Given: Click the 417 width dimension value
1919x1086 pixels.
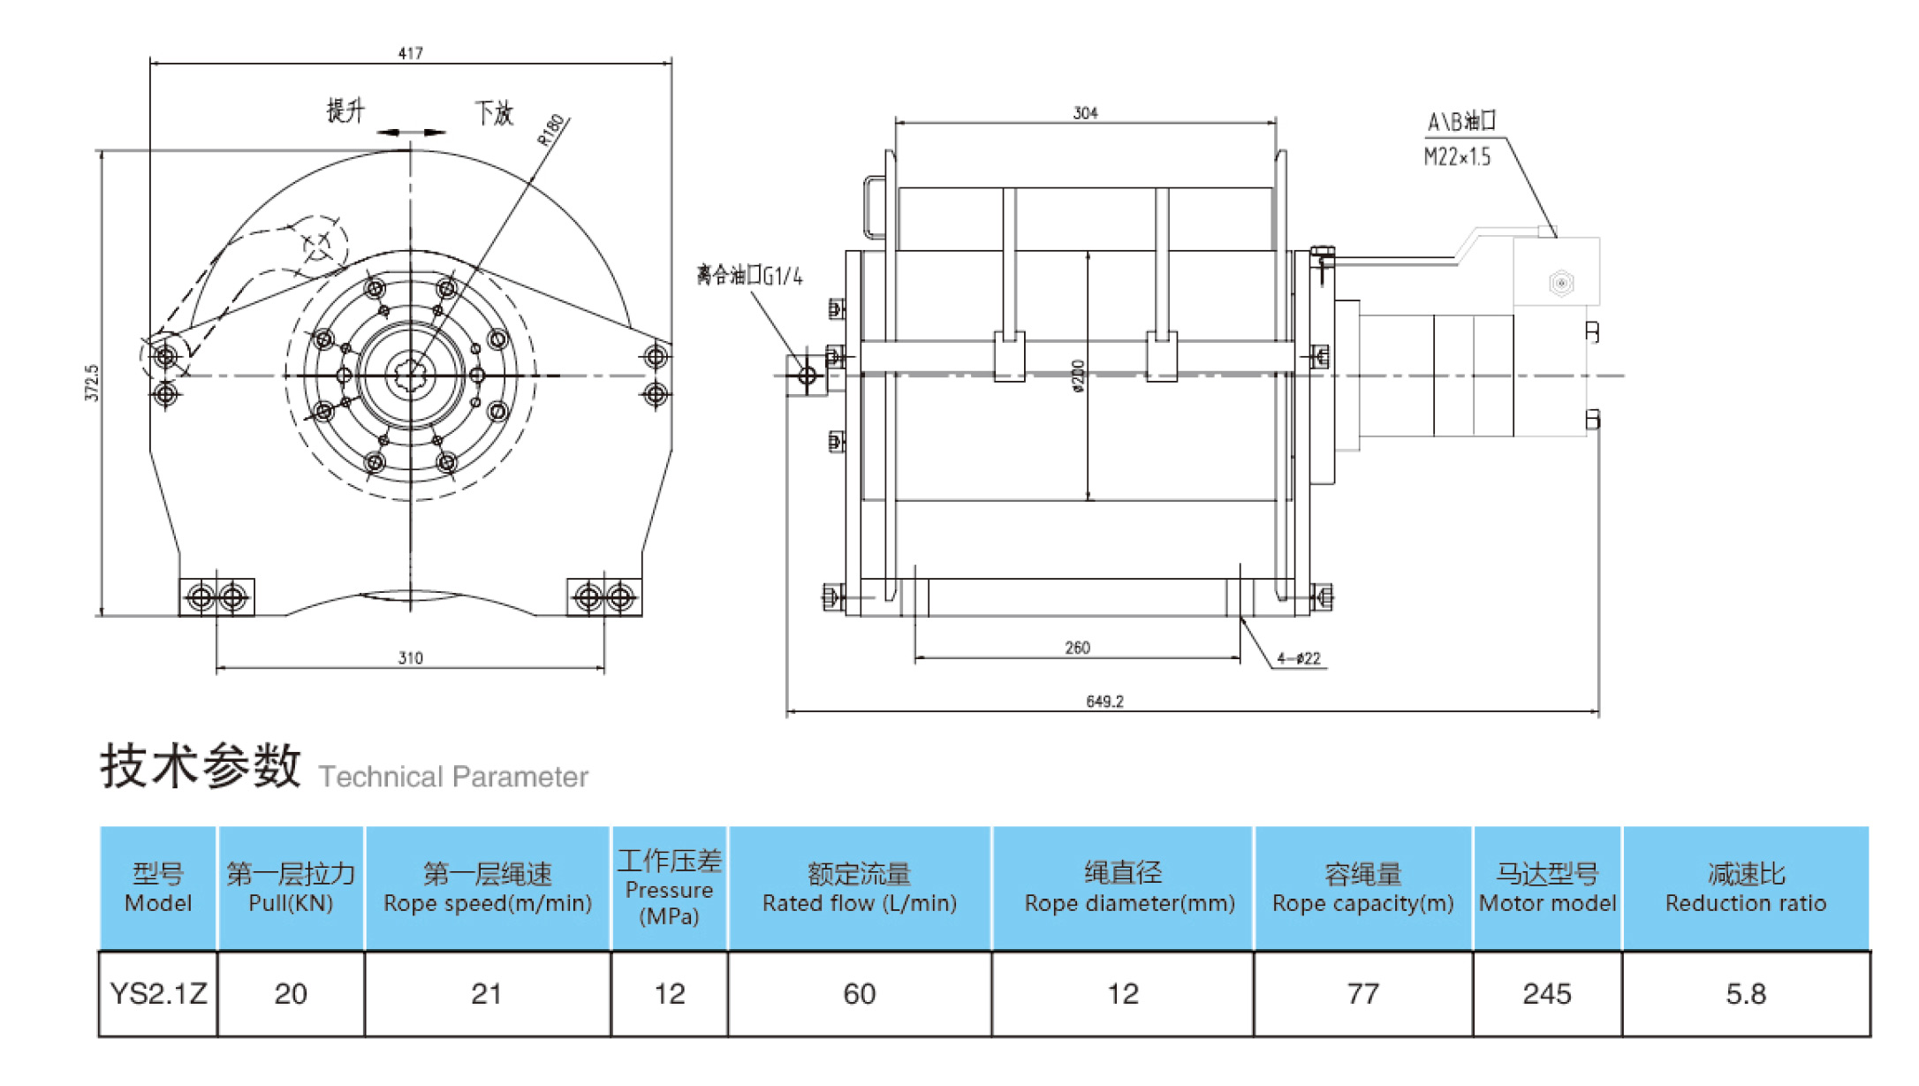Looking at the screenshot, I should [410, 54].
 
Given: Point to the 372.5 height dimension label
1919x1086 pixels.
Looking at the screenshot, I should [92, 383].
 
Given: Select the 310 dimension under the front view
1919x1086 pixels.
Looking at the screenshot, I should [410, 658].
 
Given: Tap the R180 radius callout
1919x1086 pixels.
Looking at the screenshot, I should [550, 130].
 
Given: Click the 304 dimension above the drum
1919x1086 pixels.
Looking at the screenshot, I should [1085, 113].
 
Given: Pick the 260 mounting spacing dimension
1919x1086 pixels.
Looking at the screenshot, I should [1077, 648].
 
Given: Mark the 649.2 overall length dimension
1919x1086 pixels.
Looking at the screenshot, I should [1104, 702].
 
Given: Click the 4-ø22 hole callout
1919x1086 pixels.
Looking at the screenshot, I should [1298, 658].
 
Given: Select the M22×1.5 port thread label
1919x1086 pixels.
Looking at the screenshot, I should [1457, 157].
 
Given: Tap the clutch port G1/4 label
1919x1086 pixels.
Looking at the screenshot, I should [749, 276].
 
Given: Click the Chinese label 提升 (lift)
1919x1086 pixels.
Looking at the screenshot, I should [345, 111].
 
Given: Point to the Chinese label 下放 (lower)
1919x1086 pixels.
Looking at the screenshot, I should [494, 113].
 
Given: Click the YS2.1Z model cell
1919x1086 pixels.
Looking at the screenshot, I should [158, 994].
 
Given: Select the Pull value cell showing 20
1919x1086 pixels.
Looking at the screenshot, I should [291, 994].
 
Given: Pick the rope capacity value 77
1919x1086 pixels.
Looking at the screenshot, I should [1362, 994].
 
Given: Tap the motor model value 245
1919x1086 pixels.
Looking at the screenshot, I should [1546, 994].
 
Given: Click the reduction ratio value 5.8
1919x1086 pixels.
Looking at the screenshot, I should [1745, 994].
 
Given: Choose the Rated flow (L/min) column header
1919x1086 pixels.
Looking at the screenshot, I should [859, 889].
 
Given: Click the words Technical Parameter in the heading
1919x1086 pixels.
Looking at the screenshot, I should [453, 777].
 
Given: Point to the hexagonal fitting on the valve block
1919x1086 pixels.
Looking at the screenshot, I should [1561, 284].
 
